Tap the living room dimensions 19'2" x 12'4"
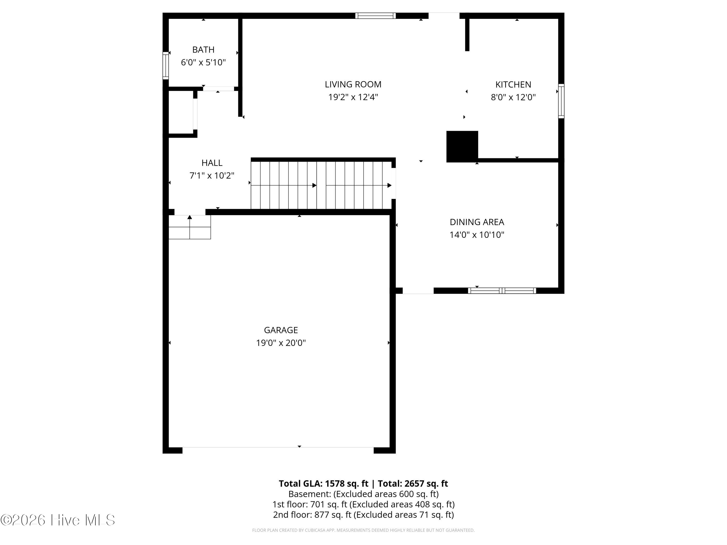click(x=353, y=97)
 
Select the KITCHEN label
click(x=513, y=85)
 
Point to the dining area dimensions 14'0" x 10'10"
click(x=477, y=234)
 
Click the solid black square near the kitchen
click(x=462, y=146)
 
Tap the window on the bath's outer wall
click(x=166, y=65)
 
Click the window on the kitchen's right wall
click(x=561, y=101)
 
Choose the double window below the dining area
click(x=502, y=290)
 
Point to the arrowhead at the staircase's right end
click(x=389, y=185)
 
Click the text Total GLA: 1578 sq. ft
click(x=324, y=483)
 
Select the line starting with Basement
click(x=363, y=494)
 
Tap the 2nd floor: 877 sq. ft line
click(x=363, y=514)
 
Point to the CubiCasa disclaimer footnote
click(x=363, y=530)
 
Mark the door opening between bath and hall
click(x=218, y=89)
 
